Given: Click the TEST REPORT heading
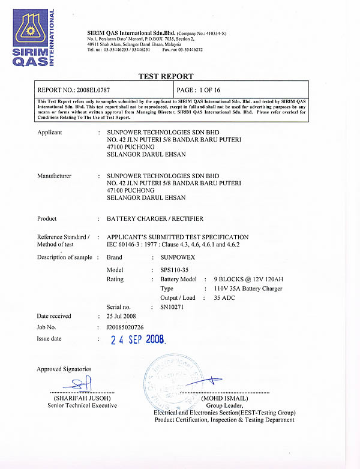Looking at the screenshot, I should point(166,77).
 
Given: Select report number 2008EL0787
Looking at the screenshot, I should point(94,89).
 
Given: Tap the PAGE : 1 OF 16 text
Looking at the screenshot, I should point(204,89).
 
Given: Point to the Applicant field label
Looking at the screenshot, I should point(49,133).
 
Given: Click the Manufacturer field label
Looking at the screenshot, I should point(54,176).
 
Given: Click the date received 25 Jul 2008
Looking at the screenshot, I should point(121,316).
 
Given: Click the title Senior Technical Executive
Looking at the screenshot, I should point(82,405).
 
